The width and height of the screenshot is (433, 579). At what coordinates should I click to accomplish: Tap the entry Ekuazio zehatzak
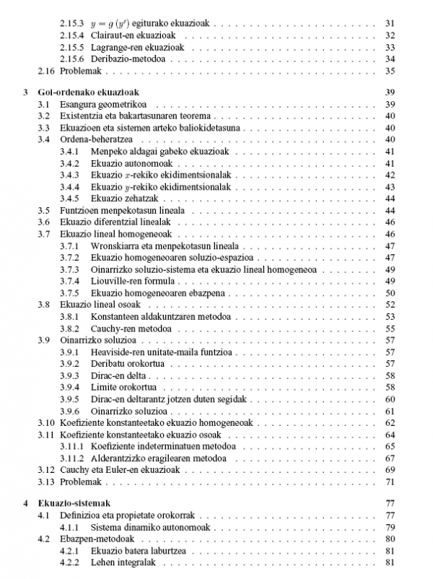click(127, 198)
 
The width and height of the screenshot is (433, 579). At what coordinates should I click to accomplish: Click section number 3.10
click(45, 422)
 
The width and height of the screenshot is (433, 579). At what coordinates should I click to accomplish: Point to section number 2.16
click(45, 70)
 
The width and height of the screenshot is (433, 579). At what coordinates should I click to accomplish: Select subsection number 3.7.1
click(70, 245)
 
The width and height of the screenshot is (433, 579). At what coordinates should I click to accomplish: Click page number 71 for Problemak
click(390, 482)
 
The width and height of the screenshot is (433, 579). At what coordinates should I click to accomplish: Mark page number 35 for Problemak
click(390, 70)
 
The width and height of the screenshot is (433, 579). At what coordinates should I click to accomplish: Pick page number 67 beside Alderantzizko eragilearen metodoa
click(390, 458)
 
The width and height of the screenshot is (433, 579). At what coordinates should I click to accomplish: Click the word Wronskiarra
click(118, 245)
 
